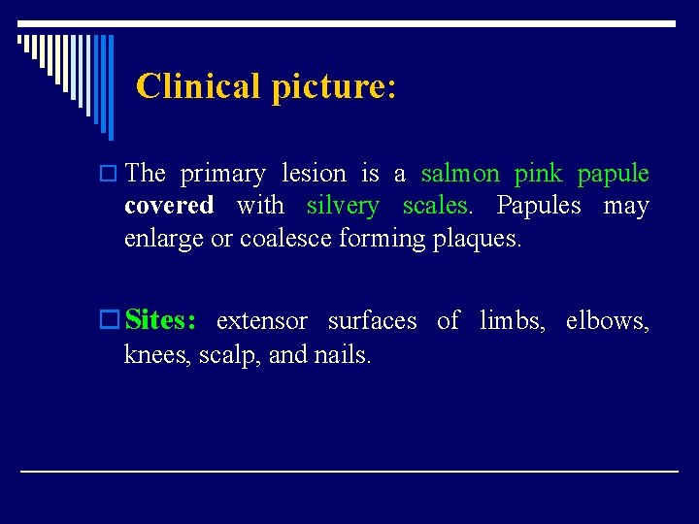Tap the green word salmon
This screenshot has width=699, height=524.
point(460,174)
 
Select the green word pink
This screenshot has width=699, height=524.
point(538,175)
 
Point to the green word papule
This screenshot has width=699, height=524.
point(613,175)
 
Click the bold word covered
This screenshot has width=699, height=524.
point(169,206)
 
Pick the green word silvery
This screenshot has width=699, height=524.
point(343,207)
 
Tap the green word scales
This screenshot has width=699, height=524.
point(436,206)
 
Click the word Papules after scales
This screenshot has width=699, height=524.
point(539,206)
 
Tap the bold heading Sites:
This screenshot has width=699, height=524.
point(161,320)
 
